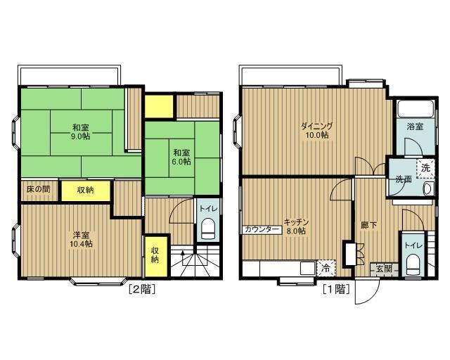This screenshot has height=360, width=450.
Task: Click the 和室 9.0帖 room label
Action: (x=81, y=131)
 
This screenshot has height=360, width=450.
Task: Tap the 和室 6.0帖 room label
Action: (x=181, y=157)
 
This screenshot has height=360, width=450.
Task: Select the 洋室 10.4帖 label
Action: (x=81, y=240)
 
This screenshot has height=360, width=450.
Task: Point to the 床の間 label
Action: (x=38, y=189)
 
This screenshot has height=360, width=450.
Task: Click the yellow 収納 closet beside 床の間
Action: (x=86, y=191)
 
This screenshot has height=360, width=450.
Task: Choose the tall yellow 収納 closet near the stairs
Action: (x=156, y=256)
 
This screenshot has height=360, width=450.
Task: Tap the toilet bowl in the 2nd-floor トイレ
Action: (x=208, y=229)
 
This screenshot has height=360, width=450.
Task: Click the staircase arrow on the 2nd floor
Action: (x=183, y=261)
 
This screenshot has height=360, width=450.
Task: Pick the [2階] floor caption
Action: (x=142, y=289)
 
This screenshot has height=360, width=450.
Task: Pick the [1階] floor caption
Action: (x=336, y=289)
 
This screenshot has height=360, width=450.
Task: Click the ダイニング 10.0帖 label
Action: (x=317, y=130)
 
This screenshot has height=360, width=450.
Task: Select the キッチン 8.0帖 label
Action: (x=296, y=226)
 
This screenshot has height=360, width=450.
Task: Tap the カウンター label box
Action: (x=262, y=229)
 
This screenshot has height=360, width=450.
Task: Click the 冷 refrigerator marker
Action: (x=326, y=268)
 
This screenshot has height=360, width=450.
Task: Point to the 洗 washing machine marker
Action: (x=425, y=168)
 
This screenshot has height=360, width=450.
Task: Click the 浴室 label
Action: (x=415, y=127)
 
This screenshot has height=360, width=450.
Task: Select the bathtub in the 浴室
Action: (x=415, y=108)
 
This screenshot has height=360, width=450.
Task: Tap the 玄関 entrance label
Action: (x=384, y=269)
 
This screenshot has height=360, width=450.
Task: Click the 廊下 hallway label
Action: (x=368, y=226)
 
